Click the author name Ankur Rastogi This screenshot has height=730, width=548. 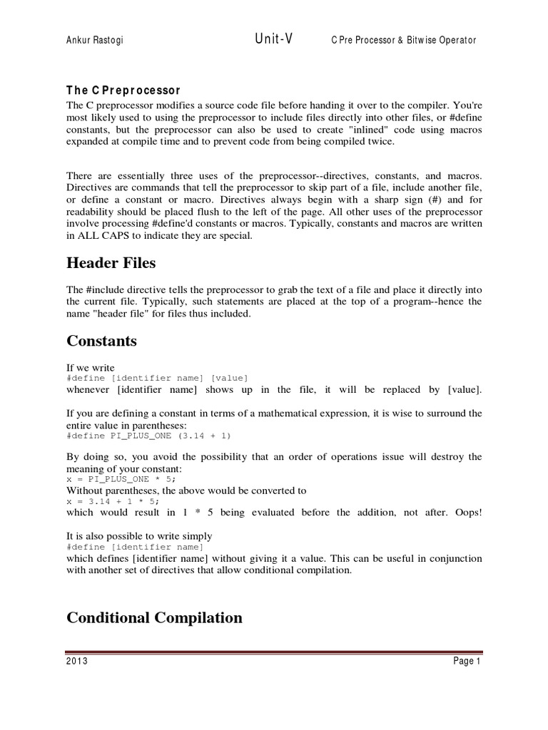click(x=93, y=41)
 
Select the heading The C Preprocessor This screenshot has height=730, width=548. click(x=123, y=91)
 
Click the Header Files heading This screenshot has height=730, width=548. click(x=111, y=263)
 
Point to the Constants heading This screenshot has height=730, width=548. click(x=101, y=341)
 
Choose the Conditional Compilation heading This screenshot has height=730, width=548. click(x=154, y=617)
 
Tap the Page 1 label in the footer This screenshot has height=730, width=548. click(x=467, y=662)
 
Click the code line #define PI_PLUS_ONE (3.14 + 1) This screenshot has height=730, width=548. click(x=148, y=435)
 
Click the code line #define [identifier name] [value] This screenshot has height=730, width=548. click(x=157, y=378)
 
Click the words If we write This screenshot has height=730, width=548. click(x=91, y=368)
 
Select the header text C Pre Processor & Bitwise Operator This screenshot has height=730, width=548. click(x=403, y=41)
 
